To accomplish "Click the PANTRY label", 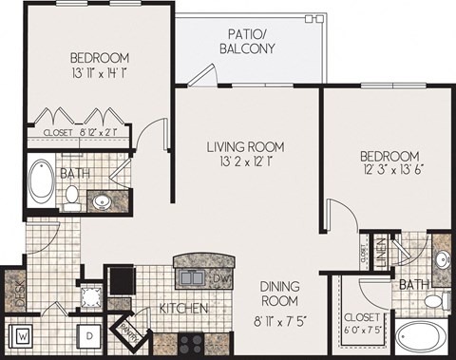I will (x=127, y=332).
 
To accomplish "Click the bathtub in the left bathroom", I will (x=44, y=184).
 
